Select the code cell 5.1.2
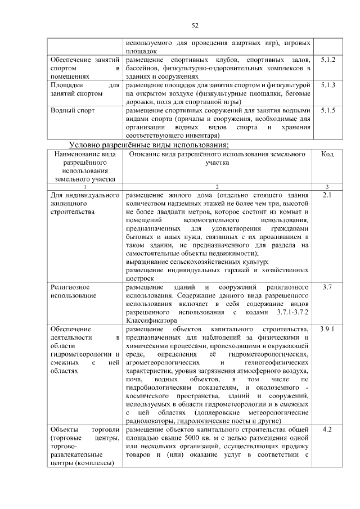327,59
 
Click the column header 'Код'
327,154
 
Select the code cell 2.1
327,195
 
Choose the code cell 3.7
327,287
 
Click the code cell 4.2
327,430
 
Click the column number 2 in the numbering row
217,187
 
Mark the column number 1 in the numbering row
85,187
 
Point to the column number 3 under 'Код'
327,187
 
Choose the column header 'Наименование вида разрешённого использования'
85,166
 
